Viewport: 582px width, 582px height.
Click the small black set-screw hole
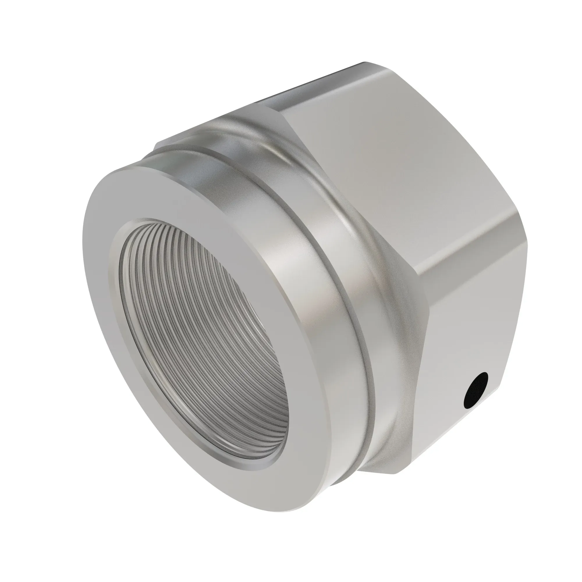pos(476,391)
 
